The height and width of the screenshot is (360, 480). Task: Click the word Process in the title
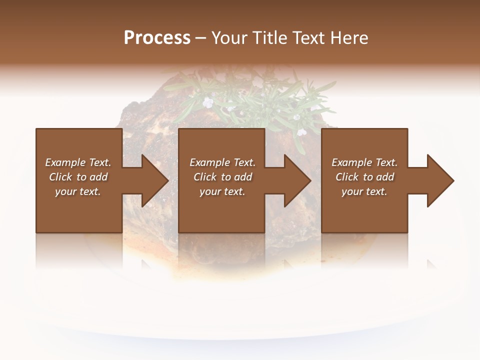click(157, 38)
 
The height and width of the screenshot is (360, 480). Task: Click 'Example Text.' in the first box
click(78, 162)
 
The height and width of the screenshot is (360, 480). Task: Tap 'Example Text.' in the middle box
click(222, 162)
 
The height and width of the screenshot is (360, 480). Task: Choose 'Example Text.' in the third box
click(364, 162)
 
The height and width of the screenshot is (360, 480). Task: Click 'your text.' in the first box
click(78, 191)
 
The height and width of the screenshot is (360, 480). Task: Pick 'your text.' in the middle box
click(222, 191)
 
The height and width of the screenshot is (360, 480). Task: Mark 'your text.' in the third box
click(364, 191)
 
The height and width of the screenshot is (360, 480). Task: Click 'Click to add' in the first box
click(78, 177)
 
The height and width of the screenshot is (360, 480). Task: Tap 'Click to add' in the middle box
click(222, 177)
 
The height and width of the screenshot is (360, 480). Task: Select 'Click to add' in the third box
click(364, 177)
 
